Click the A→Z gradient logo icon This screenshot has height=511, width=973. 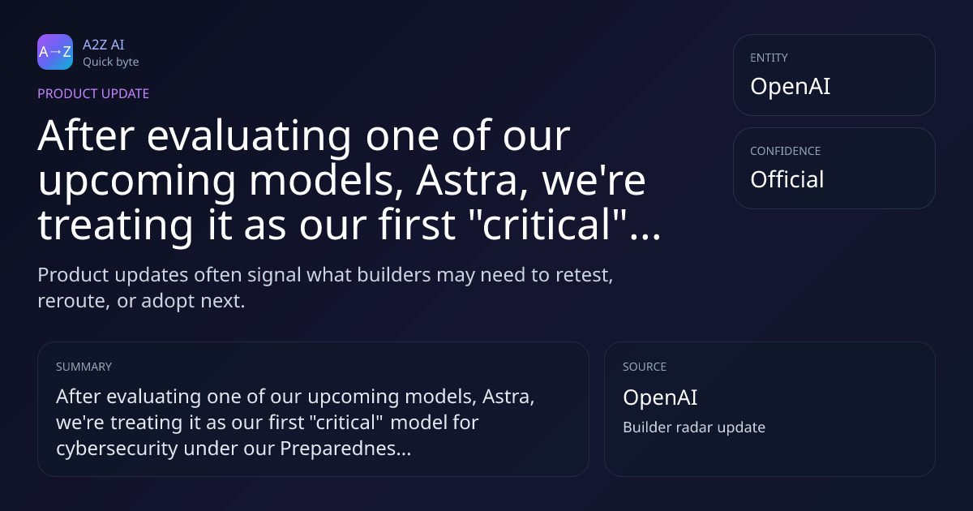55,52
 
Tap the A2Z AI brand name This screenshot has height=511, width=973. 104,45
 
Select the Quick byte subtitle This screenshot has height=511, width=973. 111,62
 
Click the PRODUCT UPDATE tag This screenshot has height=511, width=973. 93,93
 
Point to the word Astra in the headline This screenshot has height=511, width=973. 472,180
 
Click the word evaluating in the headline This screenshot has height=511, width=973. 249,135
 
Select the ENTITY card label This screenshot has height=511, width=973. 769,58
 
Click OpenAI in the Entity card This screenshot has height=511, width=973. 790,86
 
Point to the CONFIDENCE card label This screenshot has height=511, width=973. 786,151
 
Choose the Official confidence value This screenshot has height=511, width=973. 787,179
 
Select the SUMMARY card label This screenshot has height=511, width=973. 84,367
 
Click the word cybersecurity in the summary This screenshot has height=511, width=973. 117,448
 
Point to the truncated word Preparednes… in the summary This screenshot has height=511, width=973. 345,448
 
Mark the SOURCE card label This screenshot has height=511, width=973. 645,367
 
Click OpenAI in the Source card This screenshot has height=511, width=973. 660,397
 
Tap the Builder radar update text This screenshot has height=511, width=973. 694,427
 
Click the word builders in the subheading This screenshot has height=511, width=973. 394,275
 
